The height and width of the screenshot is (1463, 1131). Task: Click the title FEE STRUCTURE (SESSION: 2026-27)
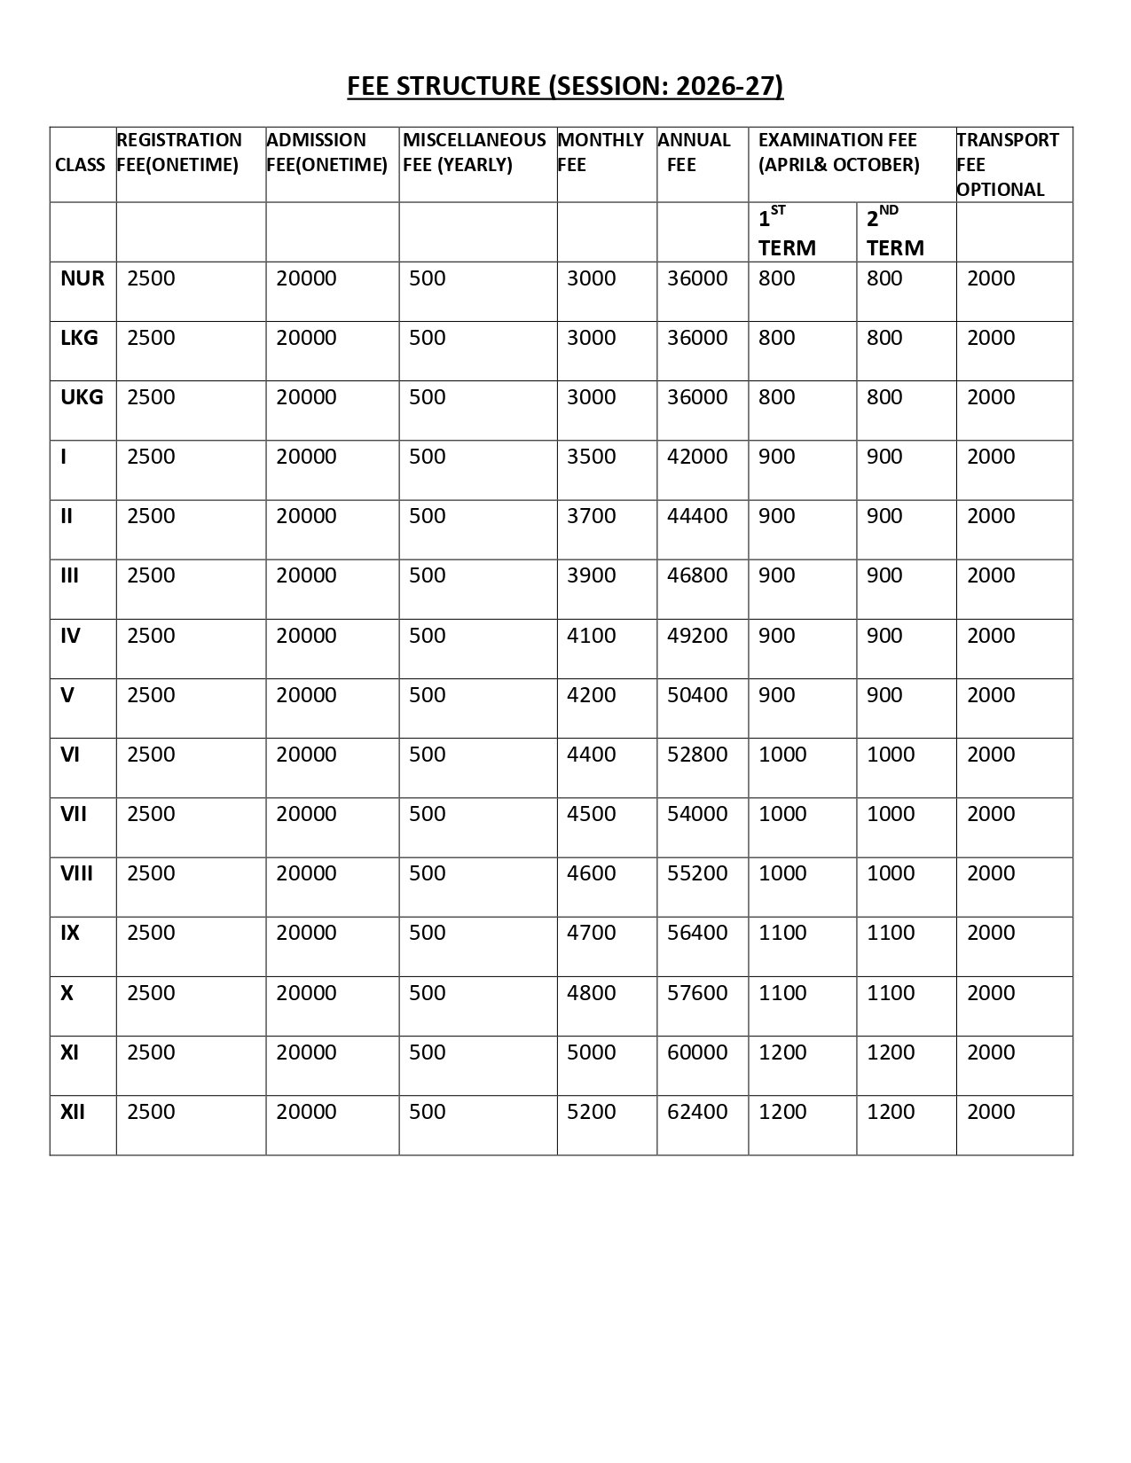click(x=565, y=86)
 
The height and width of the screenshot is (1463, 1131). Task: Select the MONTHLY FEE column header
click(x=600, y=152)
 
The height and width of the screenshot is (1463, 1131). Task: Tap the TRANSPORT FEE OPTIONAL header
click(x=1008, y=164)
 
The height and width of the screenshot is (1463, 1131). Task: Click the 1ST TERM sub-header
click(x=787, y=232)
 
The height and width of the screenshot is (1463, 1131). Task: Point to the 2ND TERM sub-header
click(x=895, y=232)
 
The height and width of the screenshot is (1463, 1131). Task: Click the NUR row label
click(x=82, y=278)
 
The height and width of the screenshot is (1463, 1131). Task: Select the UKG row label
click(x=82, y=397)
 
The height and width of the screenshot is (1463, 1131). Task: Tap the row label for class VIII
click(x=76, y=873)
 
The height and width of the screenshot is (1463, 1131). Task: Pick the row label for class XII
click(x=73, y=1112)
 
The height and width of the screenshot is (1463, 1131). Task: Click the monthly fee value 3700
click(x=592, y=516)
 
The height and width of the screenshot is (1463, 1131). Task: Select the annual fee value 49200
click(x=697, y=636)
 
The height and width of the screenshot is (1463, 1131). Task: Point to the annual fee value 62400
click(x=697, y=1112)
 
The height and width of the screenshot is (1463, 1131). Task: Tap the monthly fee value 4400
click(x=592, y=755)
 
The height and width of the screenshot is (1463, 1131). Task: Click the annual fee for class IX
click(x=697, y=933)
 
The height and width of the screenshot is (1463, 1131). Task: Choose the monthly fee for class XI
click(x=592, y=1052)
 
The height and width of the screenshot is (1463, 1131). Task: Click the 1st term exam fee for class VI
click(x=782, y=755)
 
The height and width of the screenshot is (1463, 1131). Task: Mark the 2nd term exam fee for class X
click(x=891, y=993)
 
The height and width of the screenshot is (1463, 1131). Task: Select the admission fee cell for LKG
click(x=306, y=338)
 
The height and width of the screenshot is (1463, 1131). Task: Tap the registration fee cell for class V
click(x=151, y=695)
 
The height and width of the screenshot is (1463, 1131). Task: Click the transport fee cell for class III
click(x=991, y=575)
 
